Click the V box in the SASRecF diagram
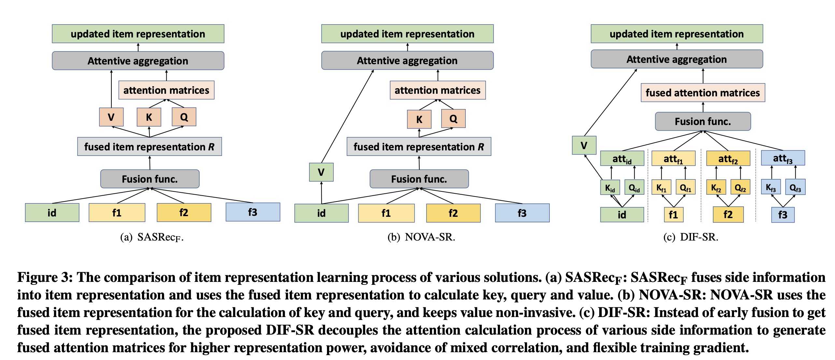(x=111, y=117)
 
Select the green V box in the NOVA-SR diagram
(x=321, y=172)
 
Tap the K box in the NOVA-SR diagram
(x=419, y=119)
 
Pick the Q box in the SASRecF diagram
(x=184, y=117)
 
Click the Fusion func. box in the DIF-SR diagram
(x=703, y=121)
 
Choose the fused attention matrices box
(x=703, y=93)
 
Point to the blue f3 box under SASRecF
(x=253, y=212)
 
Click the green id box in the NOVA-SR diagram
(x=321, y=213)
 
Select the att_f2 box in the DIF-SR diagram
(x=728, y=159)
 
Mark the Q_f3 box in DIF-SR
(x=795, y=187)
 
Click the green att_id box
(x=622, y=159)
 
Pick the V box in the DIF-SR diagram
(x=584, y=145)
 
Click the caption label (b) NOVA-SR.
(x=421, y=237)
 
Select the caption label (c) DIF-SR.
(x=690, y=237)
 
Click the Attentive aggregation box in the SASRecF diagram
(x=138, y=61)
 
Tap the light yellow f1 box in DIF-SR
(x=673, y=215)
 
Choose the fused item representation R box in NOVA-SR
(x=419, y=147)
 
